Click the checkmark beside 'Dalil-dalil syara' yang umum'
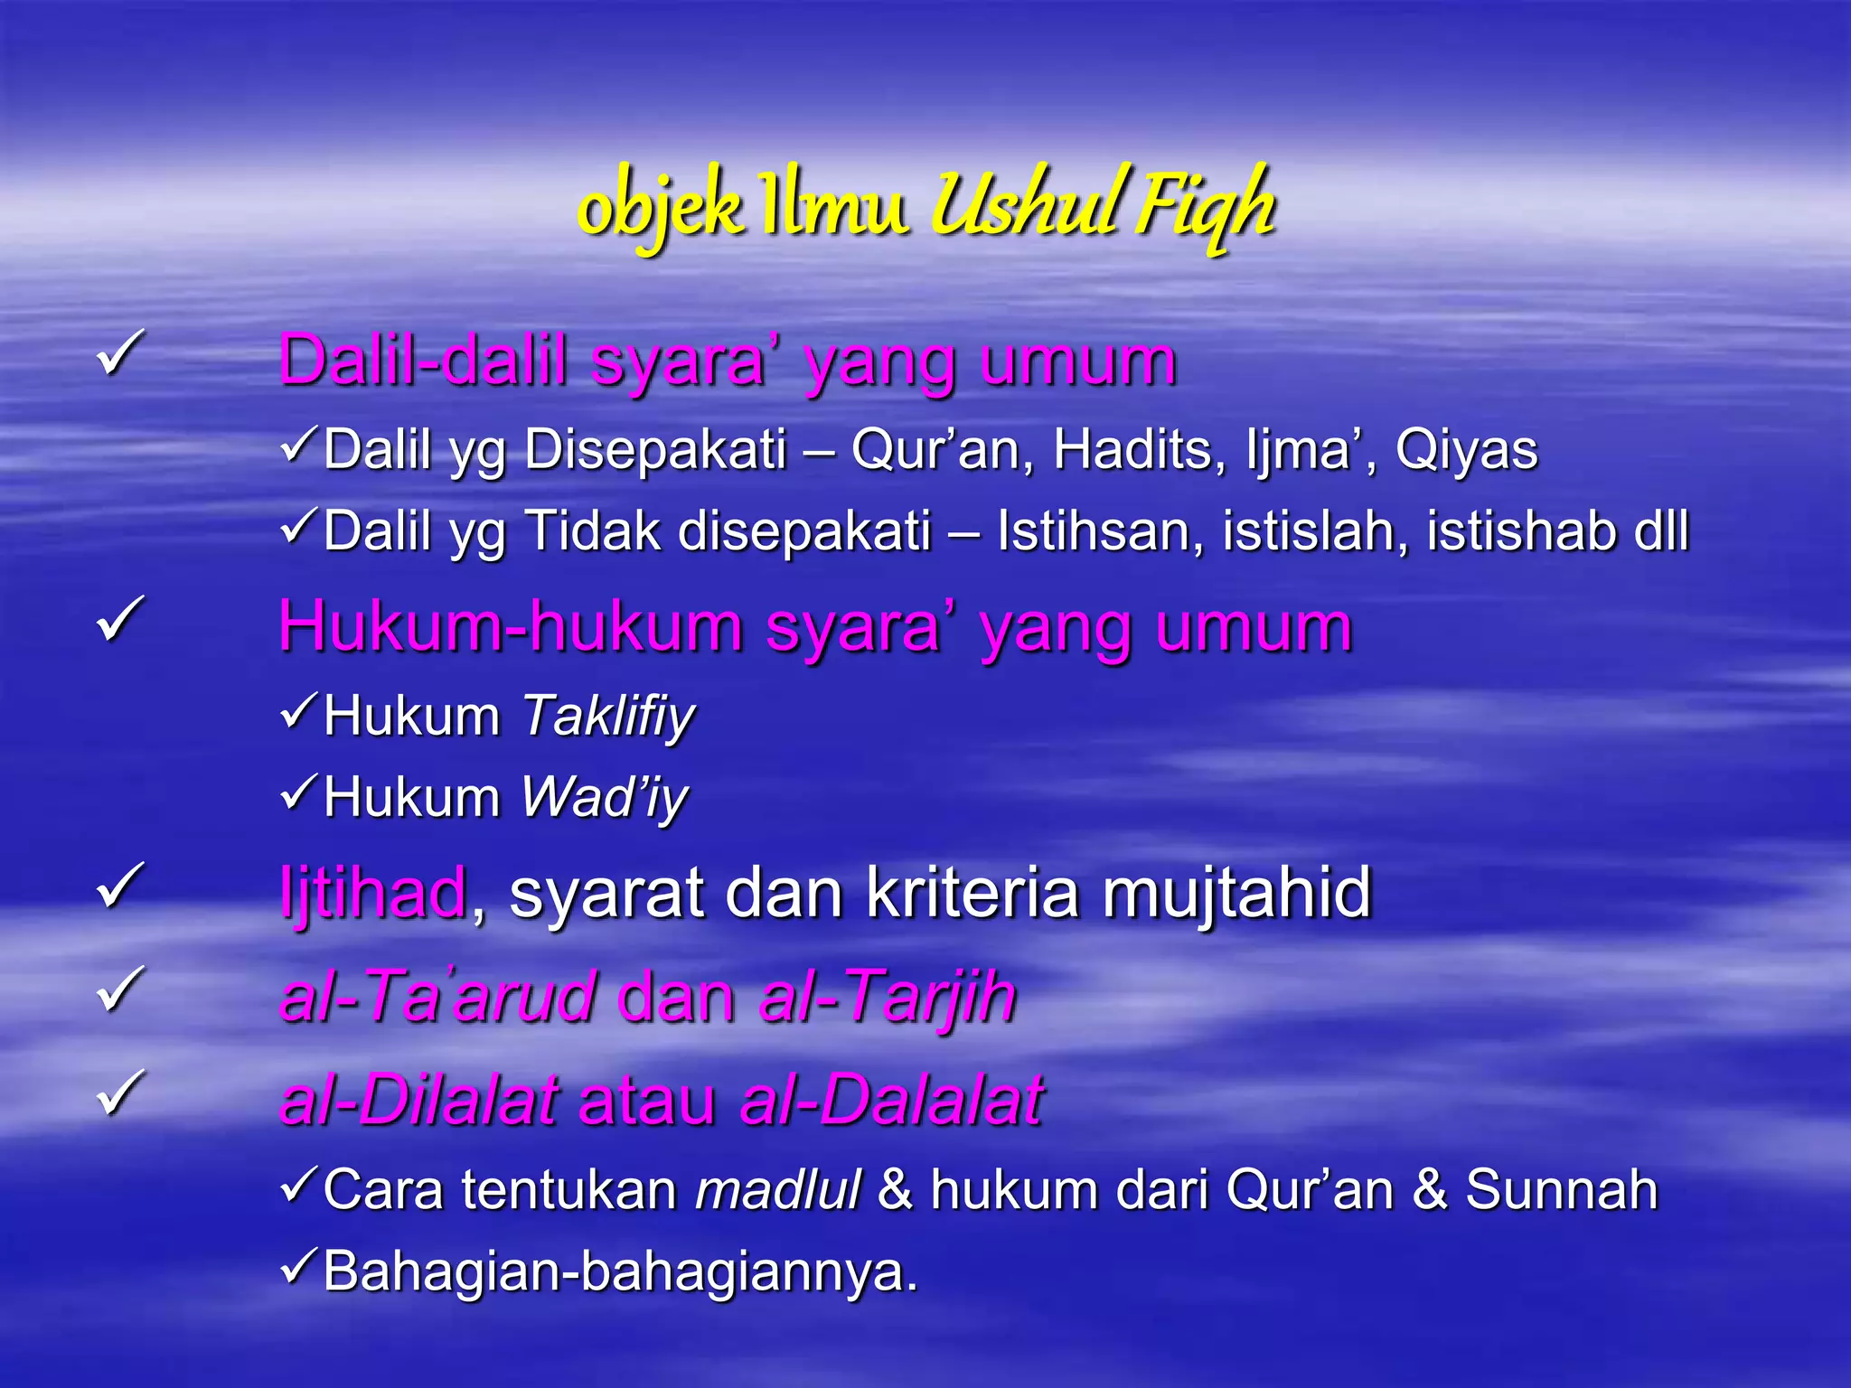(x=120, y=354)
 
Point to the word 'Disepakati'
(x=656, y=449)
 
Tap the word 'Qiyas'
(x=1466, y=449)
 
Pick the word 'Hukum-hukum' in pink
(x=510, y=625)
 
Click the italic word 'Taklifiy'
(x=608, y=717)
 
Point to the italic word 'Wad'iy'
(x=605, y=798)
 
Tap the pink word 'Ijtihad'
(x=373, y=893)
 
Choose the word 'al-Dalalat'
(x=891, y=1101)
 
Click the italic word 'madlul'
(x=777, y=1189)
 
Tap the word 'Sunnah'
(x=1561, y=1189)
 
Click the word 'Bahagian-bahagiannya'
(x=620, y=1271)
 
